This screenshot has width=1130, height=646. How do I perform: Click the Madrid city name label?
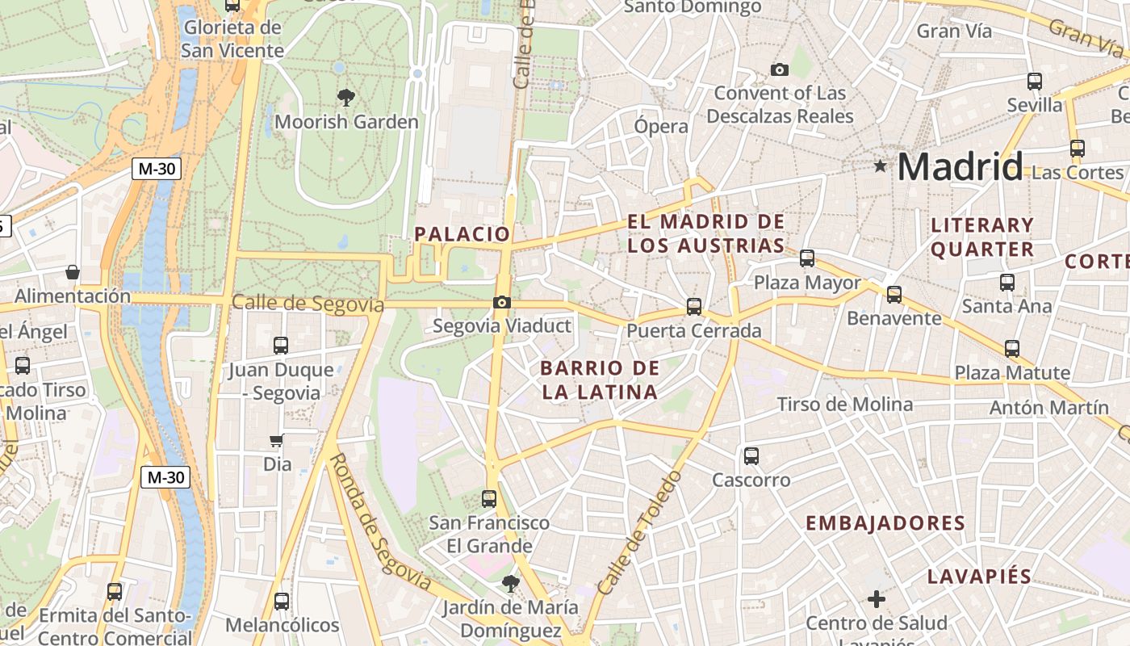click(960, 167)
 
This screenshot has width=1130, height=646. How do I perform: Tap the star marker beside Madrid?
click(880, 166)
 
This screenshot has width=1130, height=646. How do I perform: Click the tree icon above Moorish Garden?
click(346, 99)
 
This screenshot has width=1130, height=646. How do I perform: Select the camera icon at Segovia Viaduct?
click(502, 303)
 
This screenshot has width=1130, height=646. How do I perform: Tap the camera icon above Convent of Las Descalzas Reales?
click(779, 70)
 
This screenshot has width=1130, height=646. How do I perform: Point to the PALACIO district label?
click(462, 234)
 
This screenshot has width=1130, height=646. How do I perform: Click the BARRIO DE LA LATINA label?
click(599, 380)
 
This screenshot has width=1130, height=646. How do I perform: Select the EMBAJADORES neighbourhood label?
click(885, 523)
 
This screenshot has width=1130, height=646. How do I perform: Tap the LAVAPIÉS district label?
click(979, 577)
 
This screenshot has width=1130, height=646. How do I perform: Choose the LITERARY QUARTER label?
click(981, 237)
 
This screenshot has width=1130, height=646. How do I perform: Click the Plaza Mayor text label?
click(807, 283)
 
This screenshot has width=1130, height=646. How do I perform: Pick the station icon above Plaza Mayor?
click(807, 259)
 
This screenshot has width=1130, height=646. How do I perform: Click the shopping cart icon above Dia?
click(277, 441)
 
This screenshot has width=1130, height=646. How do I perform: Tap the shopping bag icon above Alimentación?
click(73, 272)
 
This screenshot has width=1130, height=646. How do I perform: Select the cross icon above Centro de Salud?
click(877, 599)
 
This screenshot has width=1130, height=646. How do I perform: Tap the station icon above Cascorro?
click(751, 456)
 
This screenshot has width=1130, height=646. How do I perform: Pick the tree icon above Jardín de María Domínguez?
click(509, 582)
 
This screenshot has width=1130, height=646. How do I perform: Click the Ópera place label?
click(661, 127)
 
